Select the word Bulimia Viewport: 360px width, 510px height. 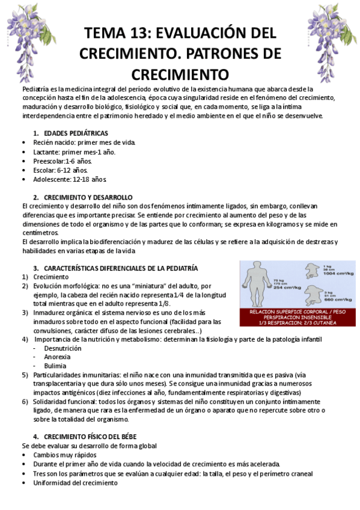(x=55, y=365)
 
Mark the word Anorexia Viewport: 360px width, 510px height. (x=58, y=357)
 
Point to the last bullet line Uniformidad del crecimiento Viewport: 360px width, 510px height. (x=76, y=482)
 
